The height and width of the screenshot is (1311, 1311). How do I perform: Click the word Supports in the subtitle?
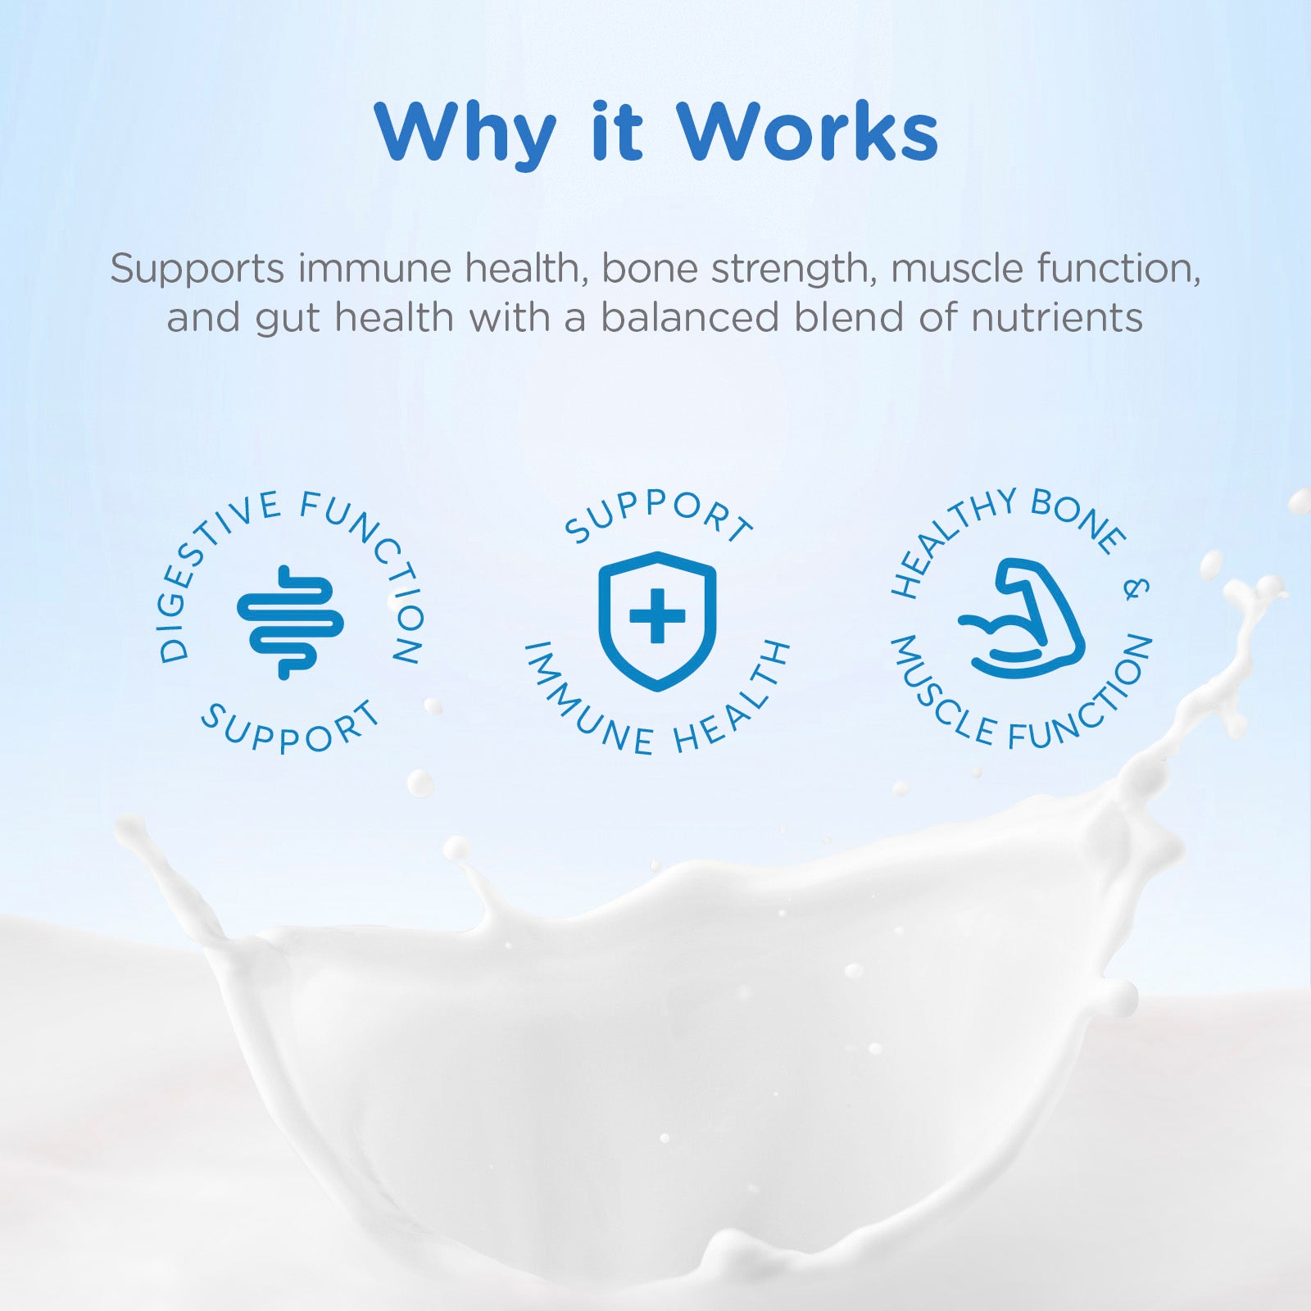[x=197, y=270]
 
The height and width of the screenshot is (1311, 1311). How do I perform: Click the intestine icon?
[x=290, y=622]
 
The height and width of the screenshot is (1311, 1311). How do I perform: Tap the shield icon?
[x=657, y=620]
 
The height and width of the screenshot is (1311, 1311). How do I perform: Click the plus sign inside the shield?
[x=657, y=615]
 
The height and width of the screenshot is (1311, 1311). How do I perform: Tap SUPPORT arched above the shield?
[x=659, y=516]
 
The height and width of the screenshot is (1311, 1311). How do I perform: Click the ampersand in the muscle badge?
[x=1136, y=588]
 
